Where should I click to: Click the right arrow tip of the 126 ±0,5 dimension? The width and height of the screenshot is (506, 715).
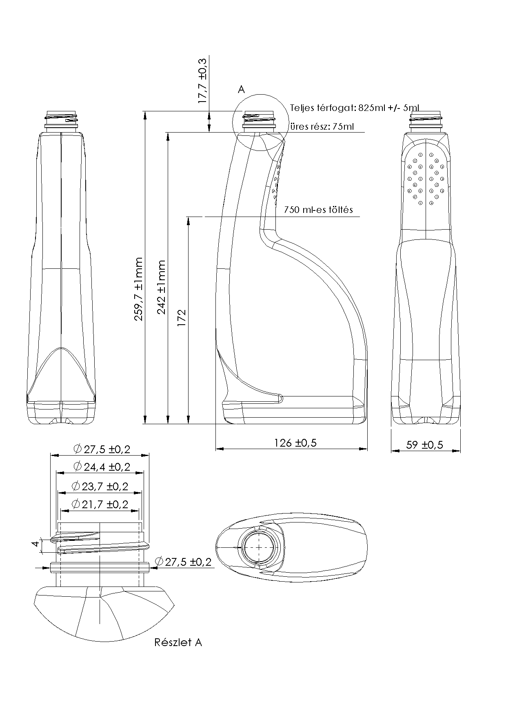pos(367,449)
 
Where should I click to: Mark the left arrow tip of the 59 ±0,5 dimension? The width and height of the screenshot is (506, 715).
pos(392,451)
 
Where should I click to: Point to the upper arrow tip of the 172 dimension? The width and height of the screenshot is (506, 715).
pos(188,217)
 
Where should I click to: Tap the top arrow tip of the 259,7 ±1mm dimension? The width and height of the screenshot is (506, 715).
pos(145,111)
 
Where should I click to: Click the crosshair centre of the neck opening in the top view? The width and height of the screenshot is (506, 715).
pos(260,547)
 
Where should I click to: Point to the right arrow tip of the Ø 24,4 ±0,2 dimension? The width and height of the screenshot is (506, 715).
pos(144,473)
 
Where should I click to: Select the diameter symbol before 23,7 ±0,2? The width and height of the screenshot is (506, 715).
pos(75,486)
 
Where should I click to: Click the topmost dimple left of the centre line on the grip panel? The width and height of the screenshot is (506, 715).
pos(419,155)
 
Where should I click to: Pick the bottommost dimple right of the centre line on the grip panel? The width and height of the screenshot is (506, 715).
pos(431,202)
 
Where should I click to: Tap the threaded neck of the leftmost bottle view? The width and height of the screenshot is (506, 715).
pos(61,118)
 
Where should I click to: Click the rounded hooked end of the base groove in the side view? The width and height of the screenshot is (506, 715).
pos(281,398)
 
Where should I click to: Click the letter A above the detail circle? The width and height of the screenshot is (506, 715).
pos(241,89)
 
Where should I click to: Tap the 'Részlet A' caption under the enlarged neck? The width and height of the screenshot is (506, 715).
pos(178,642)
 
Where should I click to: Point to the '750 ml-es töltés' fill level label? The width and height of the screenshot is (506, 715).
pos(318,210)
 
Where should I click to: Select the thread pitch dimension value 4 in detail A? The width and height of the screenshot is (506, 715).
pos(36,544)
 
